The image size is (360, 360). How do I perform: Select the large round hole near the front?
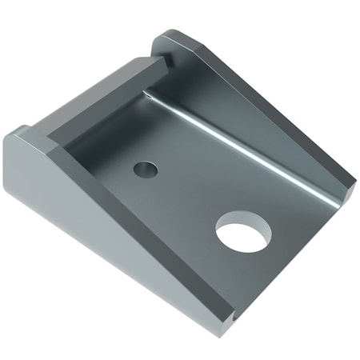coord(243,232)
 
